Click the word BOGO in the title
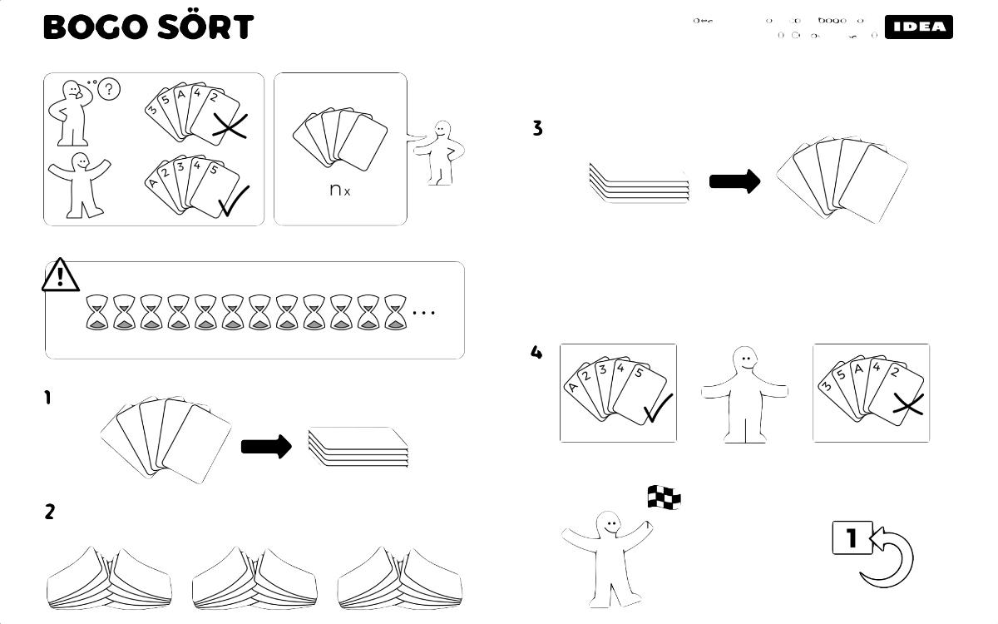point(94,27)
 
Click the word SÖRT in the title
point(204,27)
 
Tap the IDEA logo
point(918,27)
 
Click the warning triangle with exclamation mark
point(61,275)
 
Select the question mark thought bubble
point(109,89)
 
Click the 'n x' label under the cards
point(340,190)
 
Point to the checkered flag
point(664,498)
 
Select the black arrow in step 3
point(734,181)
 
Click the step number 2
point(50,512)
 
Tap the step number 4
point(536,352)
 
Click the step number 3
point(537,128)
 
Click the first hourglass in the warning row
point(97,312)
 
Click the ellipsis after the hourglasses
point(423,313)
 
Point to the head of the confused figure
point(73,89)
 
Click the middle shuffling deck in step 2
point(254,578)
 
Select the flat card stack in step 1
point(358,448)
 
